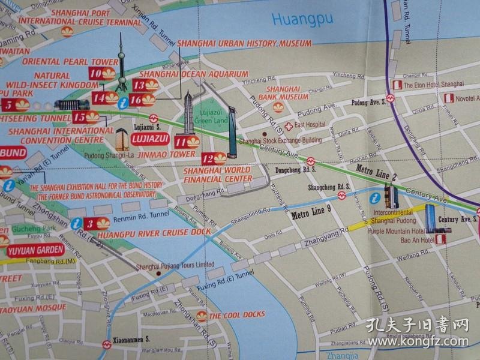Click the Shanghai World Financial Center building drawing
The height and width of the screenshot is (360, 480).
tap(232, 135)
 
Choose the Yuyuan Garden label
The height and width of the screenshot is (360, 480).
tap(26, 245)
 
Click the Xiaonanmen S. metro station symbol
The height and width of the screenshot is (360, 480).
tap(106, 344)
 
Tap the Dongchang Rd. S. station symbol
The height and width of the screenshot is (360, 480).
tap(311, 161)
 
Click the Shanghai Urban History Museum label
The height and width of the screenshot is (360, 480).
tap(244, 44)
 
